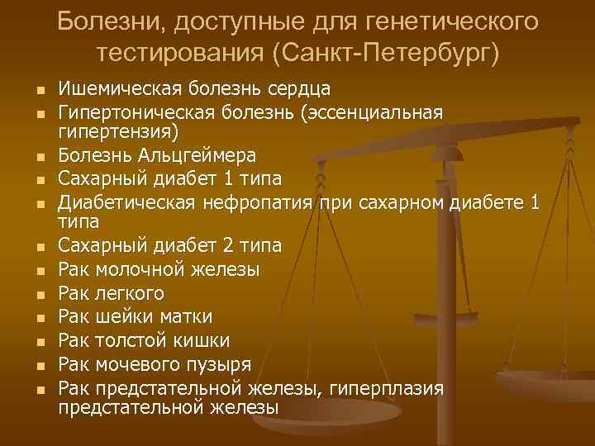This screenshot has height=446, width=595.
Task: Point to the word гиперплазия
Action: click(387, 387)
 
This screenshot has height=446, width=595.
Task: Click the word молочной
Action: click(139, 269)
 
